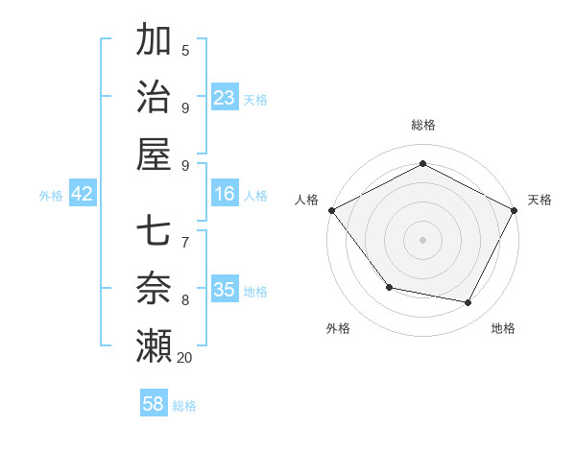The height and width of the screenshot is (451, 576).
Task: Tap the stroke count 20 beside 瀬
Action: coord(184,358)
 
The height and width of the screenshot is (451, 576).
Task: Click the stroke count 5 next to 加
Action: coord(185,51)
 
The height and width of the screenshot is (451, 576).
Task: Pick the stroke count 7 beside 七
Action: coord(185,243)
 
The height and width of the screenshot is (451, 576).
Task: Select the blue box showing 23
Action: coord(224,98)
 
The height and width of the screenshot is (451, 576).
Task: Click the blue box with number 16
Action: coord(224,195)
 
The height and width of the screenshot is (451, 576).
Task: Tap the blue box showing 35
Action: coord(224,290)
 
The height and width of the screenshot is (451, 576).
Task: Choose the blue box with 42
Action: coord(83,195)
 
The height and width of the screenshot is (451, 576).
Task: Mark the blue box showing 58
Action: coord(154,404)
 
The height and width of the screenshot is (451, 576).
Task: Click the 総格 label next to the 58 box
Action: coord(184,406)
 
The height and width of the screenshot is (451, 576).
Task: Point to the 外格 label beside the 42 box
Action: coord(51,196)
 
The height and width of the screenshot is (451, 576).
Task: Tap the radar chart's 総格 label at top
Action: coord(422,125)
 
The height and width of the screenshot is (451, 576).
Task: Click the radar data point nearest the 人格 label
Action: coord(331,210)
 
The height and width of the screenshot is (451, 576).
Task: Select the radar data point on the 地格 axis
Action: coord(468,302)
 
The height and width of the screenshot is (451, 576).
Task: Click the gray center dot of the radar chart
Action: coord(422,239)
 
